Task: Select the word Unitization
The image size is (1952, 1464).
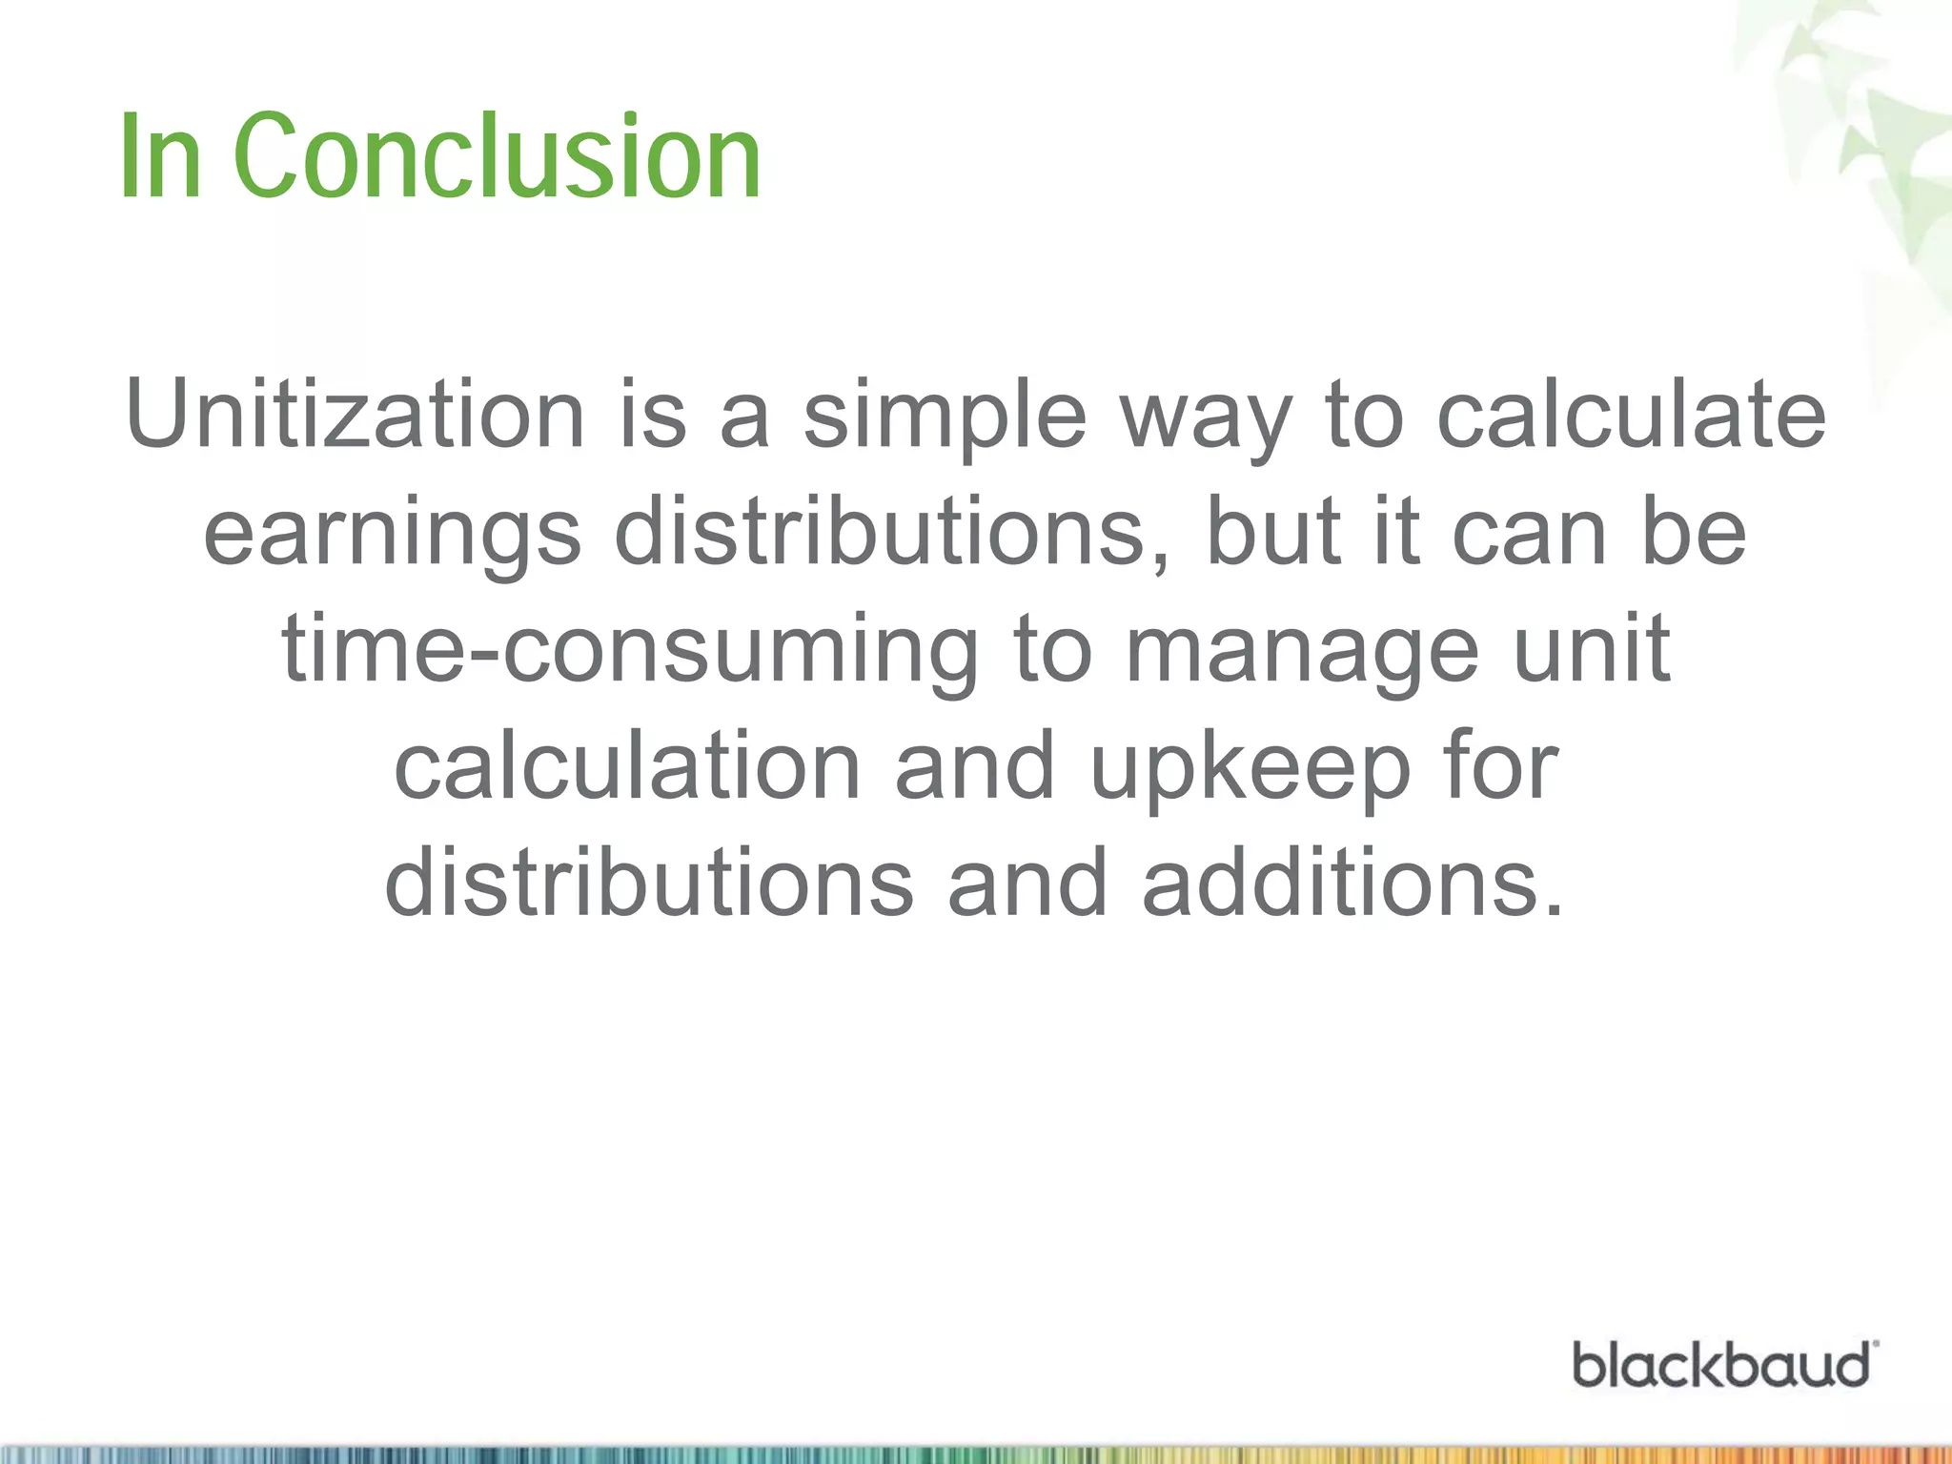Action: pos(355,415)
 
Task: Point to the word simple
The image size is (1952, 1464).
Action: pos(945,417)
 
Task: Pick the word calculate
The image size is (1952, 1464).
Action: pos(1631,415)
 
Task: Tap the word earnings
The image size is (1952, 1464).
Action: pos(392,534)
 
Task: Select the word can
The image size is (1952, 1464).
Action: pos(1529,534)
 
